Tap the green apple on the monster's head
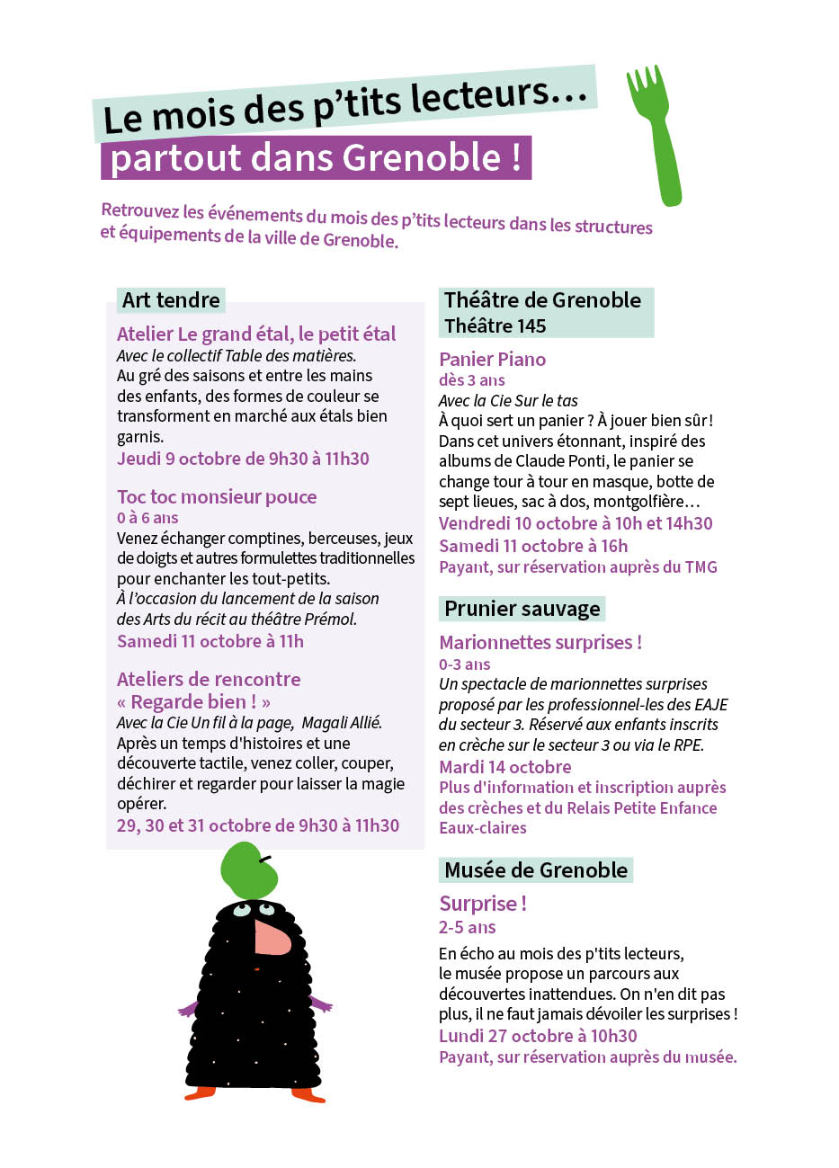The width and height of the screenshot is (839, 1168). click(x=247, y=869)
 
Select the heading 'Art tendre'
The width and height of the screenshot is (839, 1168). click(x=171, y=300)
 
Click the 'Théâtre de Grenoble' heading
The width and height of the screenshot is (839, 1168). click(x=542, y=300)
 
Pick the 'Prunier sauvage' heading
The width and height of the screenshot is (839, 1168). click(x=522, y=609)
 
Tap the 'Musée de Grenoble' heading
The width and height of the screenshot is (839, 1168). click(x=536, y=870)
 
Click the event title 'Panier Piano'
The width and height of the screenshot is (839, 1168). click(x=492, y=360)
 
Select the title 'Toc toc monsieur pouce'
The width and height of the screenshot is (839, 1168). click(x=217, y=497)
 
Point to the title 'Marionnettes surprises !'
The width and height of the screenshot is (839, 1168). click(x=540, y=643)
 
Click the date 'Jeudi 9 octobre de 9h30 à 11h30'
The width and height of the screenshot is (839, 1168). click(x=243, y=459)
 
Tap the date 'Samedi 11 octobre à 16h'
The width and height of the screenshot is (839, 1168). click(x=533, y=546)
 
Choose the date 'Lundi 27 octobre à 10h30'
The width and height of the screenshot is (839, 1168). click(x=538, y=1036)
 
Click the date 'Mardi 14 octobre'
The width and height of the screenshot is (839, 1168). click(x=504, y=767)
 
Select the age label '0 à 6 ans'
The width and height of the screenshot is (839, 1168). click(x=147, y=518)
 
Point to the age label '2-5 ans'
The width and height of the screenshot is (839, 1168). click(x=467, y=927)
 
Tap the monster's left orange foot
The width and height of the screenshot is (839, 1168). click(x=201, y=1092)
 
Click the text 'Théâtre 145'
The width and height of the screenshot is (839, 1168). click(x=495, y=325)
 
